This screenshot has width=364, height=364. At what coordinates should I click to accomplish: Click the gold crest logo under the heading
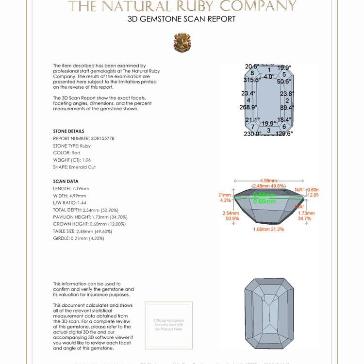point(182,43)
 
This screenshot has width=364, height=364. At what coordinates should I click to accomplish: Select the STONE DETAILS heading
point(68,131)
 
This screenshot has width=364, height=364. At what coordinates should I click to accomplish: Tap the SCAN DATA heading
point(66,181)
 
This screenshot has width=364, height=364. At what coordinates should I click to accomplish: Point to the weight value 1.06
point(86,160)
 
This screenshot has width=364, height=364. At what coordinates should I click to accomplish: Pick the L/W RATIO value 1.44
point(82,202)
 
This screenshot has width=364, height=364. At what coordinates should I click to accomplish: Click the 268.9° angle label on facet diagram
point(248,107)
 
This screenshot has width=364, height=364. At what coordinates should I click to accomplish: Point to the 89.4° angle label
point(287,107)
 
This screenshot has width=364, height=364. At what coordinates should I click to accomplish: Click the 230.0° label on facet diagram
point(252,134)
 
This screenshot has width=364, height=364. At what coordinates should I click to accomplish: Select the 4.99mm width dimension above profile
point(269,181)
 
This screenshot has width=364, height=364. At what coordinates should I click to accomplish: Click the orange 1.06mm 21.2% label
point(268,229)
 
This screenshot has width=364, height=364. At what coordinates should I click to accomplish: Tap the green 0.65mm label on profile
point(265,201)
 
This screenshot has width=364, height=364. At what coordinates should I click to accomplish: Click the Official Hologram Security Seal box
point(168,325)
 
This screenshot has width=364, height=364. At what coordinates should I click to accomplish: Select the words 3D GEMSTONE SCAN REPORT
point(182,19)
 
